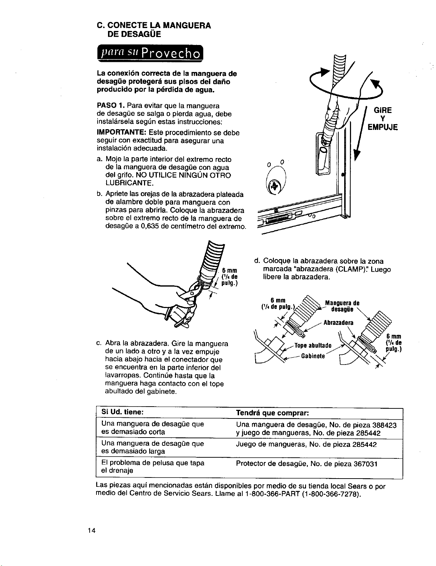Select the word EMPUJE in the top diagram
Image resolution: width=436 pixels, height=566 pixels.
[382, 127]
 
